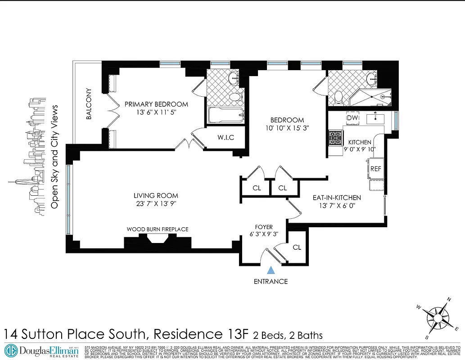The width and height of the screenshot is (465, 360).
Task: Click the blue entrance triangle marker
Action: coord(271,270)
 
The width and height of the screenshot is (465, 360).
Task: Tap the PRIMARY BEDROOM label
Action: coord(156,104)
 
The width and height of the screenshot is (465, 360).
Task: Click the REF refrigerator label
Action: coord(376,169)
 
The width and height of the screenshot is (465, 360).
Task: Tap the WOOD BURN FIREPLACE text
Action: coord(158,229)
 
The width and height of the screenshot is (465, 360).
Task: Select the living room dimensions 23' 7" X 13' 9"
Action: coord(156,203)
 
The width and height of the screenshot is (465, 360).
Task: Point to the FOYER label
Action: coord(263,227)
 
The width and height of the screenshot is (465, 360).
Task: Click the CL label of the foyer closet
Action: coord(297,247)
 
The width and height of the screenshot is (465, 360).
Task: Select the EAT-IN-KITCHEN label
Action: coord(337,197)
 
